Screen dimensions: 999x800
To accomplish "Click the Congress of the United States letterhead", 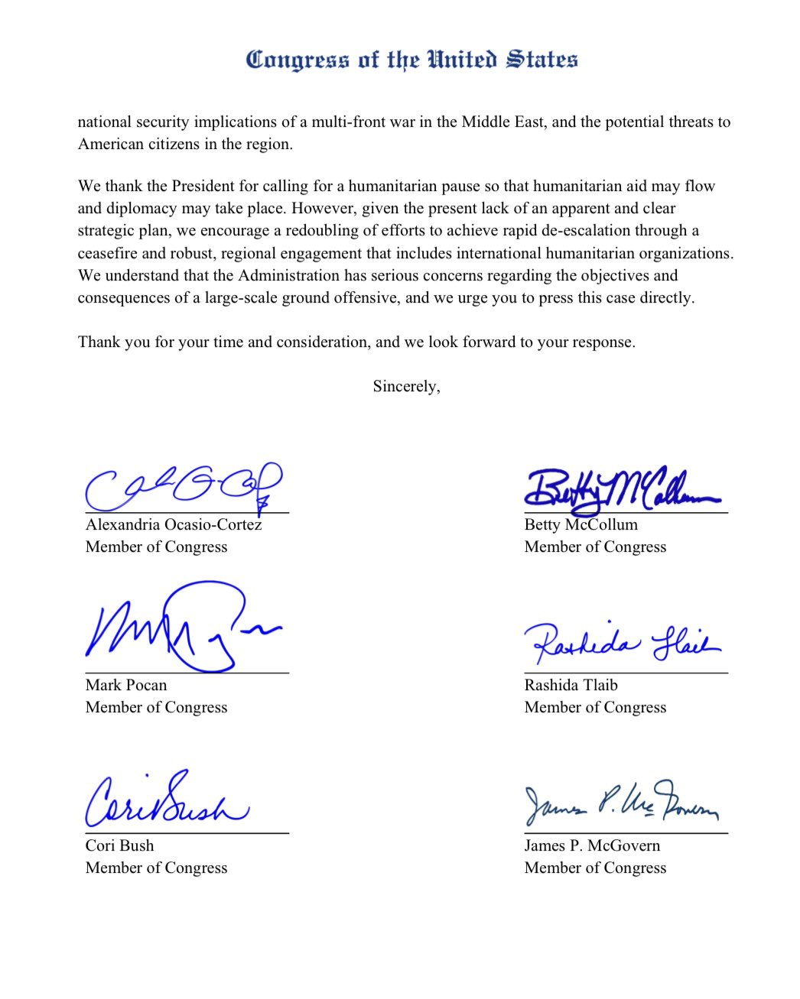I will [x=411, y=60].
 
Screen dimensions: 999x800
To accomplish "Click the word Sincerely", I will [x=406, y=387].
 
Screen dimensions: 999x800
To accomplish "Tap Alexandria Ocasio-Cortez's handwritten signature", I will [x=184, y=486].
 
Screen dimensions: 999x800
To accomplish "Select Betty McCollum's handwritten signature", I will [x=621, y=488].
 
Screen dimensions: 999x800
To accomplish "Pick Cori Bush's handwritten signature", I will [x=167, y=802].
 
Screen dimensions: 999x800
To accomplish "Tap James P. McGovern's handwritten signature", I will [x=621, y=804].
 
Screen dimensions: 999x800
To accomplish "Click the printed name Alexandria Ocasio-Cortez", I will [x=174, y=525].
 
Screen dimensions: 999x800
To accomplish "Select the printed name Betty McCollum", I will [x=580, y=525].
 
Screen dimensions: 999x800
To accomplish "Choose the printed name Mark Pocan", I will [x=125, y=686].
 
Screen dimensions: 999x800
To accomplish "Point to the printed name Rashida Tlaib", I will [x=571, y=686].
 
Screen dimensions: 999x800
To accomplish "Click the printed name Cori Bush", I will [x=119, y=846].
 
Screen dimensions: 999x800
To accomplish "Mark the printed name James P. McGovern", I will [x=592, y=846].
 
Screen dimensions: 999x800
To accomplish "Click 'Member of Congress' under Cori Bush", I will [x=156, y=868].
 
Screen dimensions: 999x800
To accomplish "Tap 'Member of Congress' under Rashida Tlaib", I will [x=595, y=708].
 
